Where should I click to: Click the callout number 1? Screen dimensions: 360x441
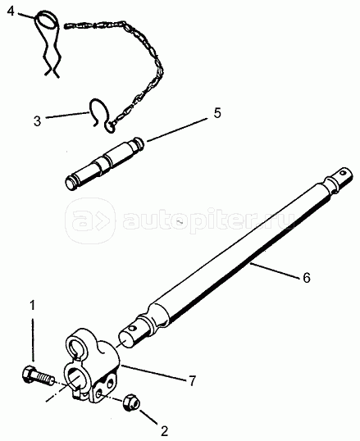click(33, 306)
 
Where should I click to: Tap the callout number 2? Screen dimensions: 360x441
click(164, 431)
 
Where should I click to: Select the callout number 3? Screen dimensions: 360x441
click(37, 121)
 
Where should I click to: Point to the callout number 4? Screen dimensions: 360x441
click(11, 11)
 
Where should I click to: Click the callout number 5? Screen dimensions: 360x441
click(216, 113)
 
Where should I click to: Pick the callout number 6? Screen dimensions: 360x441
click(306, 277)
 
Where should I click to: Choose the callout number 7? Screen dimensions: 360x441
click(192, 380)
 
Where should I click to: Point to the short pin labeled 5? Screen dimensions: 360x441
click(104, 164)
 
